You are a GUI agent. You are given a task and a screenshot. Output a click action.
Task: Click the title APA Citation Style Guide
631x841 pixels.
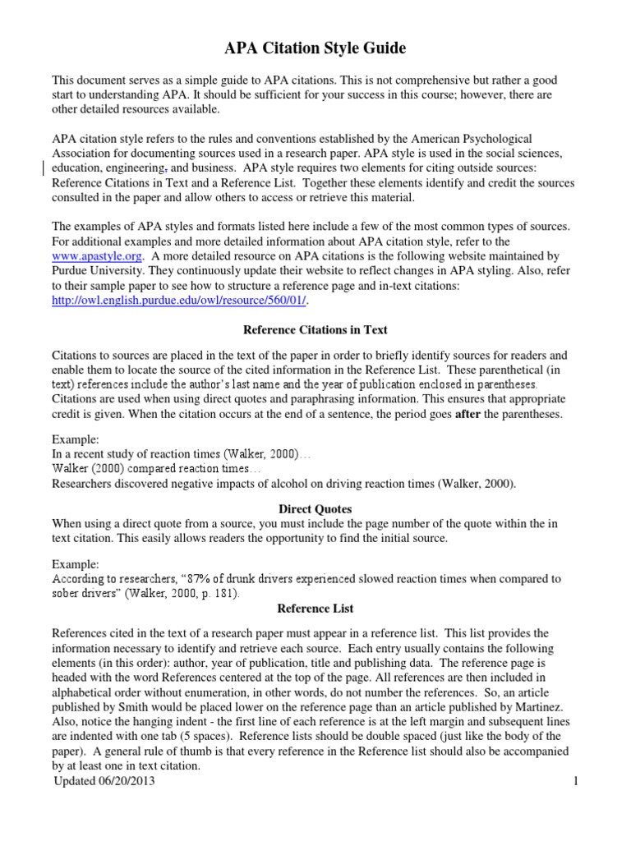[x=315, y=49]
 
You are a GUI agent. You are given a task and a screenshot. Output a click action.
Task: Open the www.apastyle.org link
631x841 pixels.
[x=95, y=256]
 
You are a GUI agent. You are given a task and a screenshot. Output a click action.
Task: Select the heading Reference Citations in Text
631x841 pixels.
[x=315, y=331]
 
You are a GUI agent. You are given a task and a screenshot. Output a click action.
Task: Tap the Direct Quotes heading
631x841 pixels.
[x=315, y=509]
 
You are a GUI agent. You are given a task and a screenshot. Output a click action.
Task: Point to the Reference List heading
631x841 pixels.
[x=315, y=609]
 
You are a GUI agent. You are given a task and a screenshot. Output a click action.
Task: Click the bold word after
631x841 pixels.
[x=466, y=415]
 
